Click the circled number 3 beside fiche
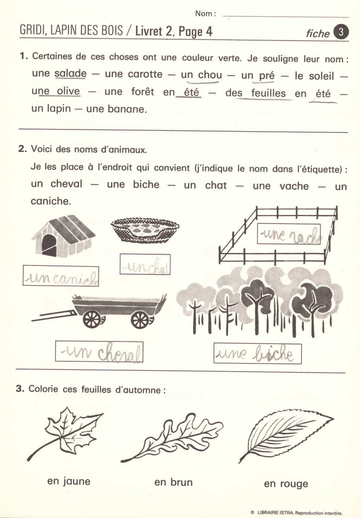341,32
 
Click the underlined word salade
70,73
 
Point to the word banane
116,109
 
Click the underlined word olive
68,91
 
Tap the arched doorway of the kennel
49,245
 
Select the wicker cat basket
145,229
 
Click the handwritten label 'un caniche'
61,276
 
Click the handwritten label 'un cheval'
99,352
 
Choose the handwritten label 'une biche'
257,353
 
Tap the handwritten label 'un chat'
145,265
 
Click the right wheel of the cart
140,319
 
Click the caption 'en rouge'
286,484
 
